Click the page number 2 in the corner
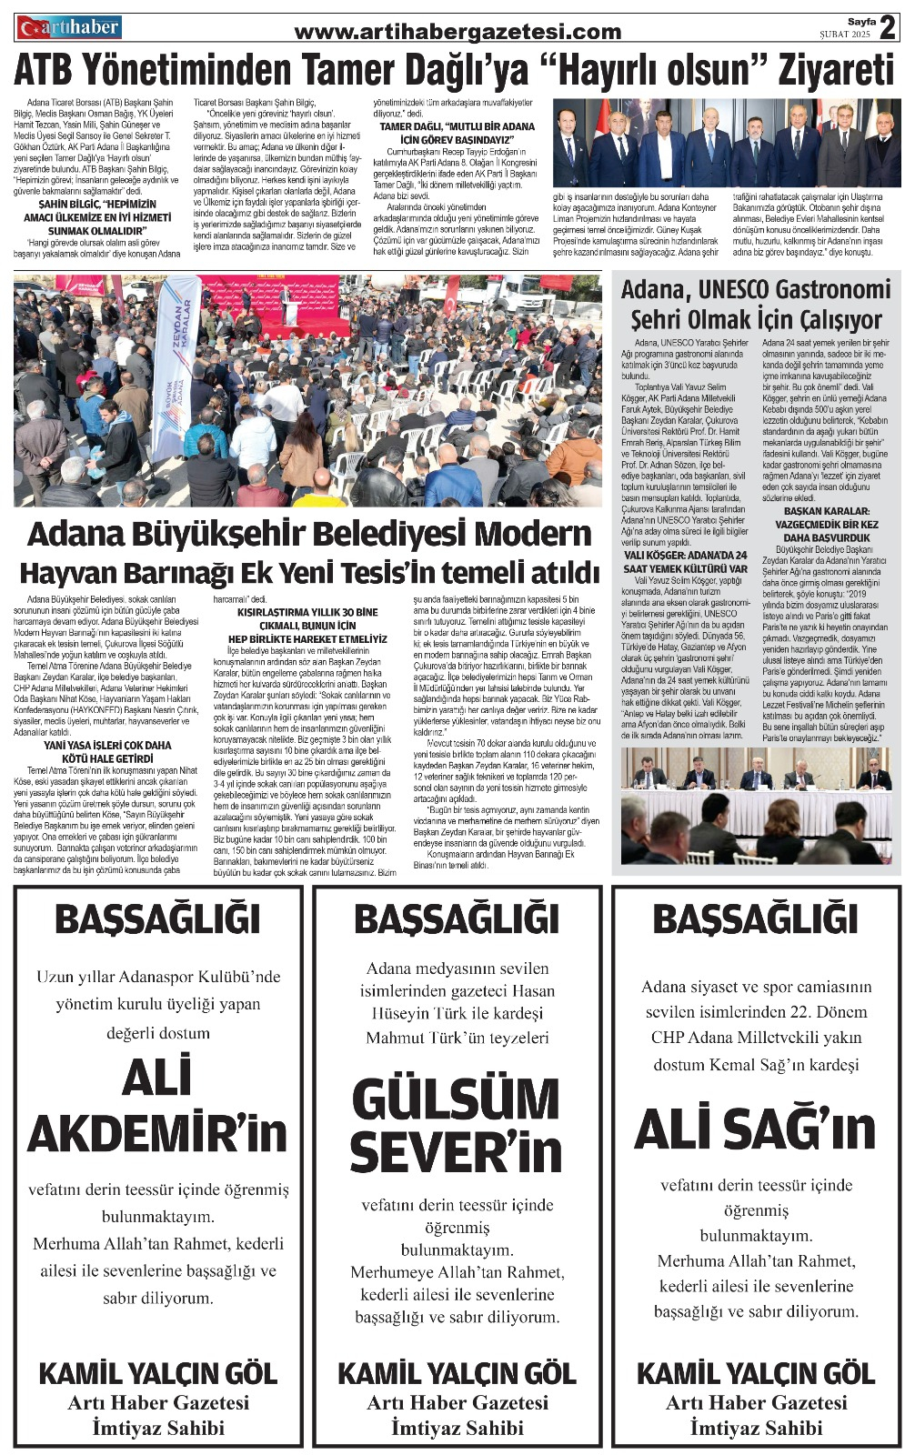click(888, 27)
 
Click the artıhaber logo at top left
click(68, 28)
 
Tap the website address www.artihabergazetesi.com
click(457, 33)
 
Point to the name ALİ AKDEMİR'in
click(157, 1106)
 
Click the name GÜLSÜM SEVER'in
click(457, 1125)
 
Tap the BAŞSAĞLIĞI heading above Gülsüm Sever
click(457, 919)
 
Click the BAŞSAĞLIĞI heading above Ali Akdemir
click(157, 919)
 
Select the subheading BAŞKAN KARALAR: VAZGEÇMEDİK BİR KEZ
click(826, 517)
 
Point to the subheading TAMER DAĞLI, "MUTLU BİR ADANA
click(457, 127)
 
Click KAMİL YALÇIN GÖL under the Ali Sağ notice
click(755, 1373)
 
